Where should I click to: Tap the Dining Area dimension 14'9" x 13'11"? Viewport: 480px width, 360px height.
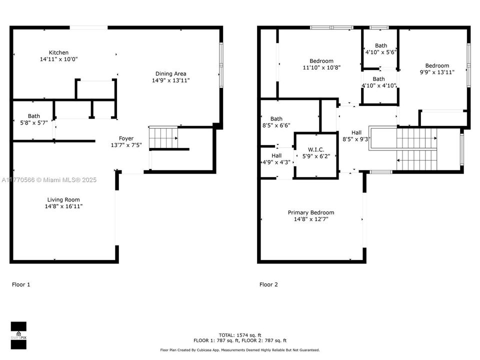click(x=171, y=80)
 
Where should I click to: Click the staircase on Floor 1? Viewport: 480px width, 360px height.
click(x=163, y=137)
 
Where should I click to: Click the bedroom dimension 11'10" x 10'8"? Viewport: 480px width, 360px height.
click(x=321, y=67)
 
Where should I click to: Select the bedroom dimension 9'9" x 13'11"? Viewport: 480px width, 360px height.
click(x=437, y=72)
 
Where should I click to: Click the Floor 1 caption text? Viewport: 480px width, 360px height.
click(x=21, y=284)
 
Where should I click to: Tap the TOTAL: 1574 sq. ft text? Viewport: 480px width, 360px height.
click(x=240, y=335)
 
